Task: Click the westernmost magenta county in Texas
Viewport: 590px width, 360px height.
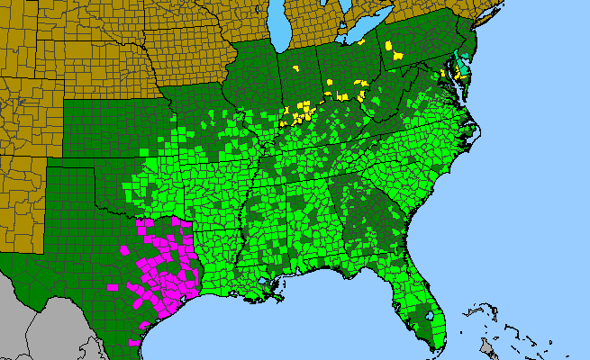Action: click(113, 288)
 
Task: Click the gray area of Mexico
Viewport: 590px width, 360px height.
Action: click(54, 324)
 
